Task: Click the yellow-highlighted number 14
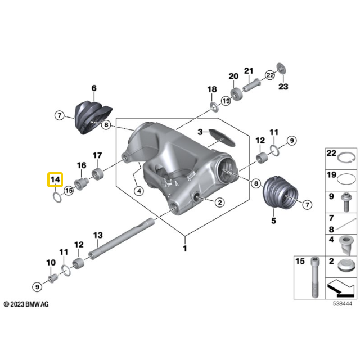55,179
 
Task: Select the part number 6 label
94,88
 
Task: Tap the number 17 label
97,156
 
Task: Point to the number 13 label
97,235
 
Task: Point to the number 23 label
283,86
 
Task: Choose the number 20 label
233,76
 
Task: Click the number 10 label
51,263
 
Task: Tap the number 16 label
82,165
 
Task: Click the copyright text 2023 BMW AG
26,304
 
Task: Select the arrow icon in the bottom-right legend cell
339,287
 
